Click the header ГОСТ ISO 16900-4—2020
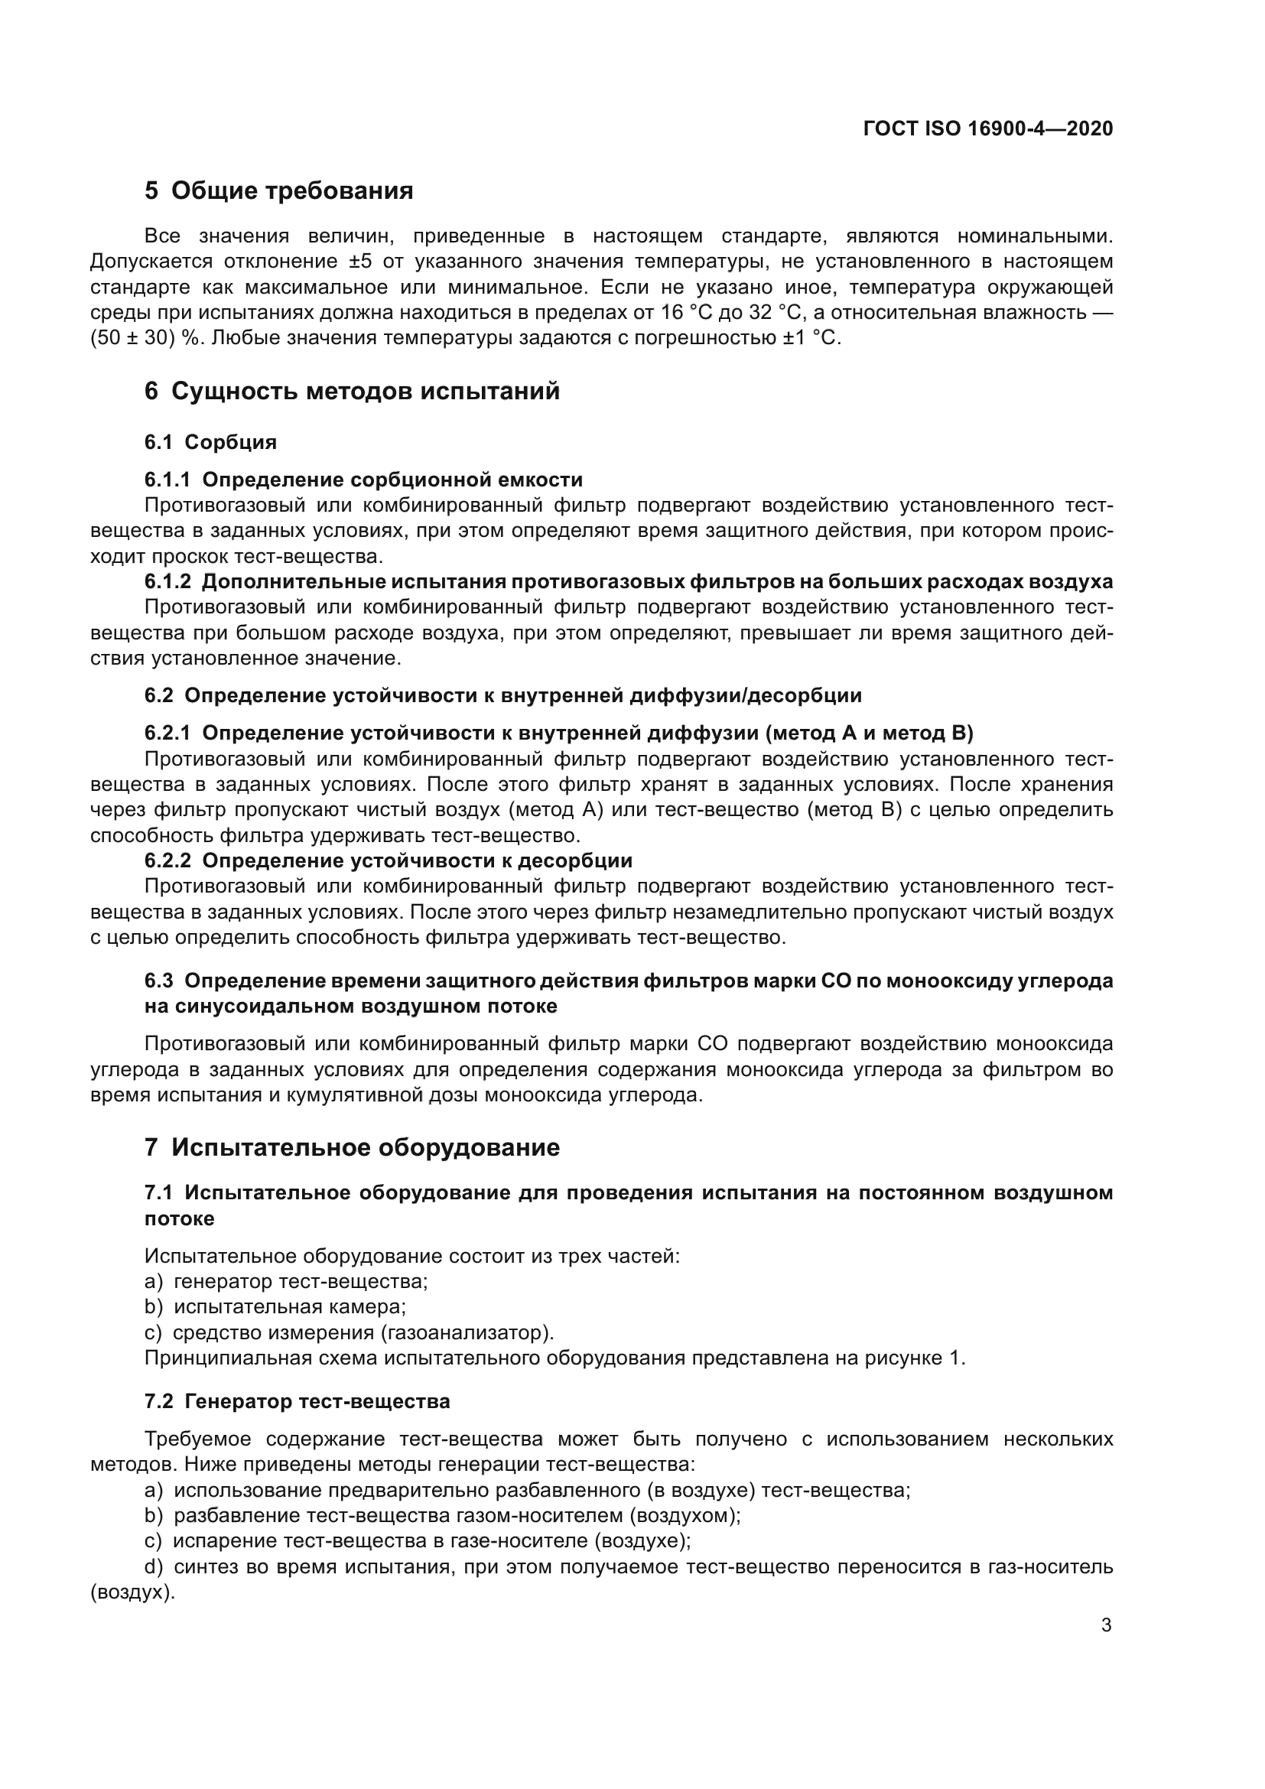[x=987, y=128]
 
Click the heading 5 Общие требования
[x=278, y=191]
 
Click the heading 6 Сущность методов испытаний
[x=351, y=391]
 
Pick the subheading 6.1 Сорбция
[x=210, y=443]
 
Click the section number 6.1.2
[x=167, y=581]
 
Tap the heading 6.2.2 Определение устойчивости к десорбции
[x=388, y=860]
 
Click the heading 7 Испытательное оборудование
[x=351, y=1148]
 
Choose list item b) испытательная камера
[x=276, y=1306]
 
